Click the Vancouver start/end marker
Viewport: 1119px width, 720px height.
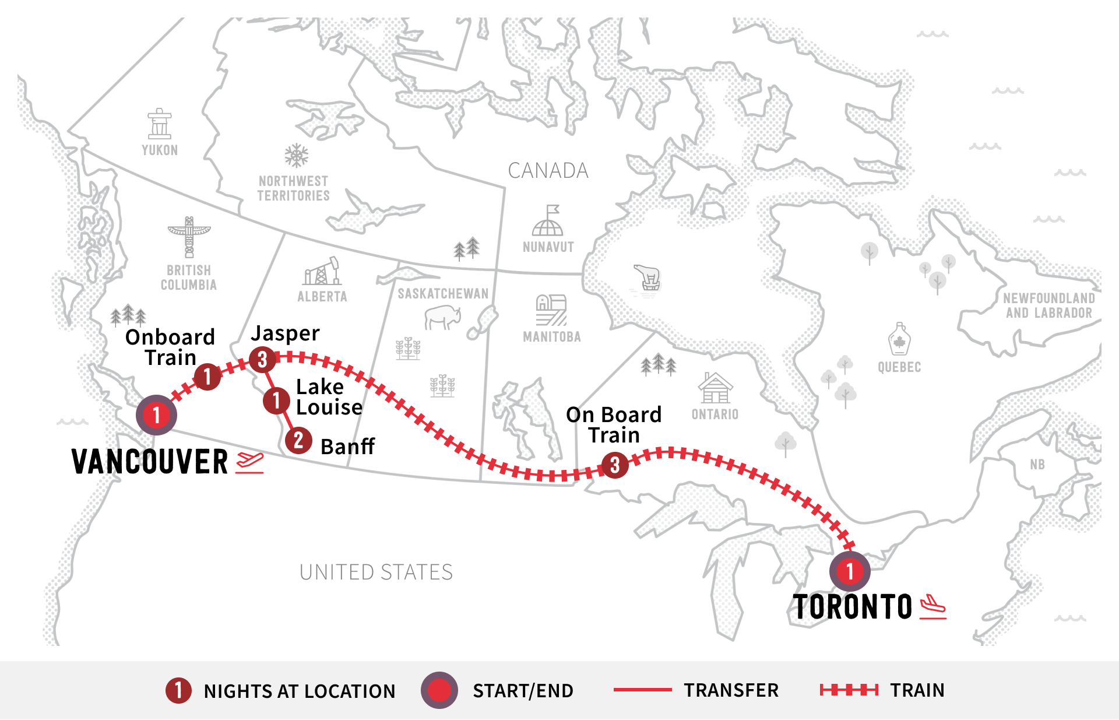click(x=156, y=415)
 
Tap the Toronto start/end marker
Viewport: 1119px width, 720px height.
click(x=850, y=571)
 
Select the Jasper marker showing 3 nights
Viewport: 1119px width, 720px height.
click(x=262, y=359)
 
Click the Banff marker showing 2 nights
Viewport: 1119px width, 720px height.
click(x=298, y=440)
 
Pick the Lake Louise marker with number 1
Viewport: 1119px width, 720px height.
click(x=276, y=401)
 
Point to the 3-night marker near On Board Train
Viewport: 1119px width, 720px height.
click(x=615, y=465)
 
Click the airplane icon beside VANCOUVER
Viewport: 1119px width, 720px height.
click(x=250, y=462)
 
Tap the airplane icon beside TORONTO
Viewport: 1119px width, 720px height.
click(x=932, y=607)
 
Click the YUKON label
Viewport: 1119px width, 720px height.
click(x=160, y=150)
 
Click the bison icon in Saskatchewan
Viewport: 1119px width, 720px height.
click(x=442, y=318)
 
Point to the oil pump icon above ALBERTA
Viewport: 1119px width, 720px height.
click(x=322, y=272)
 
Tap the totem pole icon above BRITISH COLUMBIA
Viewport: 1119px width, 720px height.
click(x=189, y=237)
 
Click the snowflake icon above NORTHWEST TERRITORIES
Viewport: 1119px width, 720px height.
click(x=296, y=156)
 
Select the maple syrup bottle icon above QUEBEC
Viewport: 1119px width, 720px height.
click(x=899, y=339)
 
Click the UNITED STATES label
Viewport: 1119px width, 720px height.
click(x=376, y=573)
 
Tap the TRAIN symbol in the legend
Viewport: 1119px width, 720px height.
click(x=849, y=690)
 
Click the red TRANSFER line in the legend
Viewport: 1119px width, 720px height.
click(x=642, y=690)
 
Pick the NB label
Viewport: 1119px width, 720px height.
click(x=1037, y=465)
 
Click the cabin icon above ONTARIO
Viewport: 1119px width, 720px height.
click(x=715, y=388)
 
